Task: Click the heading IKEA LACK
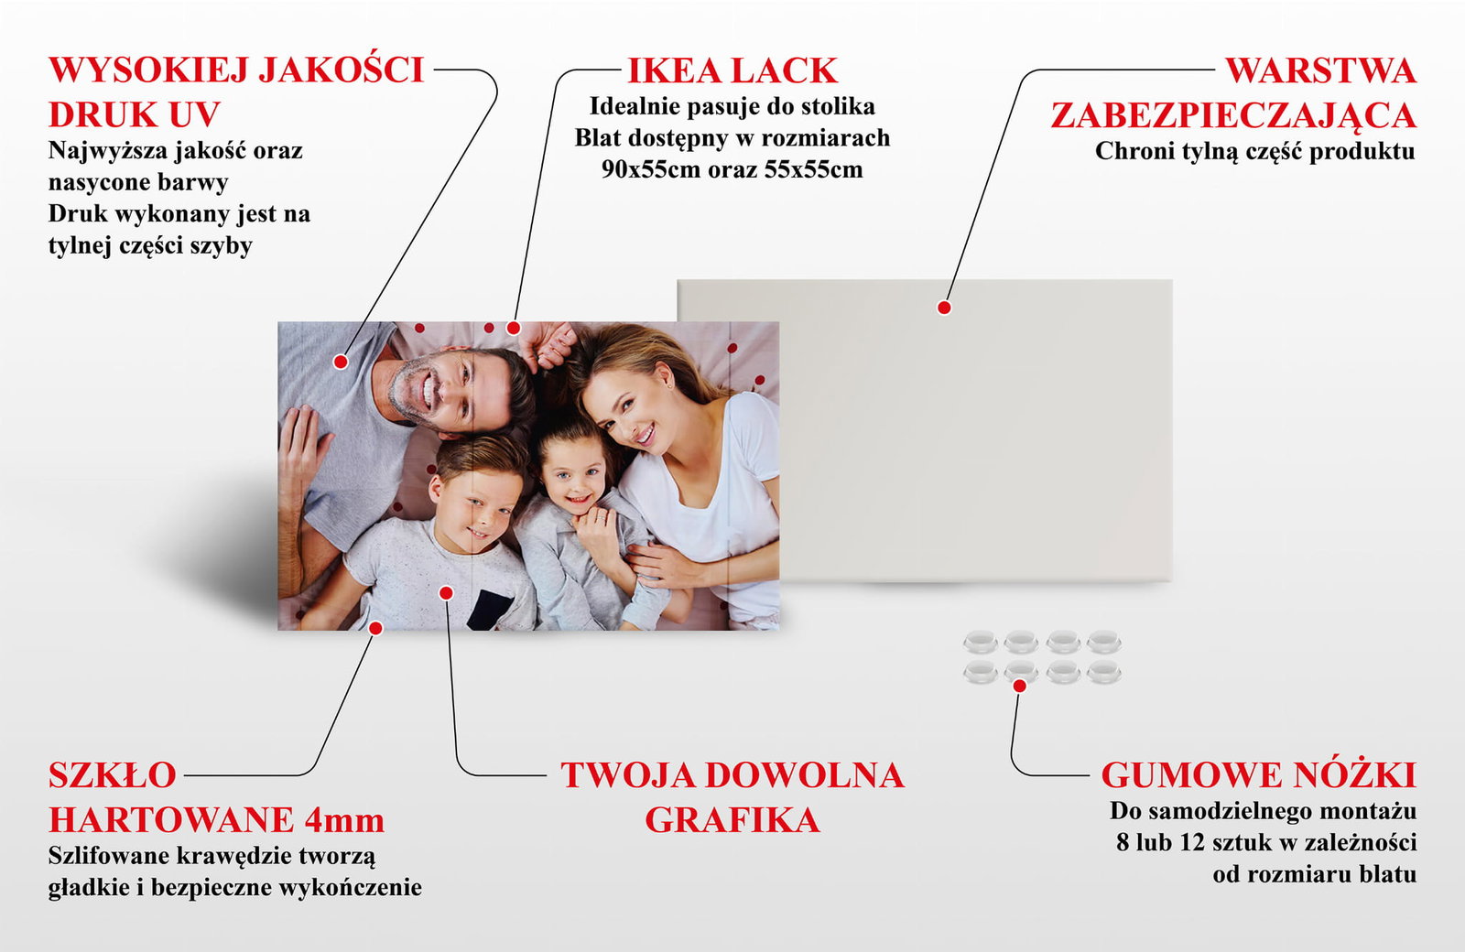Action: point(732,70)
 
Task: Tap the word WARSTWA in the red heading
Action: point(1321,70)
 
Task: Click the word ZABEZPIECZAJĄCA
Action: point(1233,115)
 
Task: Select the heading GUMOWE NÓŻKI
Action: point(1259,774)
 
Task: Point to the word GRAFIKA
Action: point(732,820)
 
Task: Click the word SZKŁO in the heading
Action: point(113,774)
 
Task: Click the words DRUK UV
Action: point(134,115)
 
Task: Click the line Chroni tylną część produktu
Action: point(1255,151)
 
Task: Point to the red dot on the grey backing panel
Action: point(944,308)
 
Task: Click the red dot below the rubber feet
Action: point(1019,686)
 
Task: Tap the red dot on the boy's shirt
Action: point(446,593)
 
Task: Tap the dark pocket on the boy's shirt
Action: point(489,610)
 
